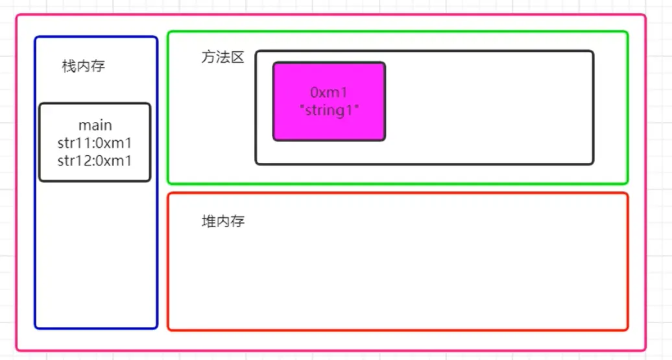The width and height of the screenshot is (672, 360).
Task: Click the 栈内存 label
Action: pos(84,66)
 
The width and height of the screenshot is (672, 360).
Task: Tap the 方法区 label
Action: pos(223,57)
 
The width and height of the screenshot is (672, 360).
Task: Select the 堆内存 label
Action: pos(223,221)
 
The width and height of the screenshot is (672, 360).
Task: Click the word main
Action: pos(95,126)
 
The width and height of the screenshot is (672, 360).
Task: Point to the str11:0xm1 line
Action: pos(95,143)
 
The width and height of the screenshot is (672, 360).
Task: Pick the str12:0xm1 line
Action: pos(95,161)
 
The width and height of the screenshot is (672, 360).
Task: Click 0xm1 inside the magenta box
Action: pos(329,92)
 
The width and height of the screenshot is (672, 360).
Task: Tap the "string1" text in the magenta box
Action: pos(329,110)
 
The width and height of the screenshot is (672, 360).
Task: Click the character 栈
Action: pos(69,66)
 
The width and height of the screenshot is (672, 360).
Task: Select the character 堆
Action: pos(209,221)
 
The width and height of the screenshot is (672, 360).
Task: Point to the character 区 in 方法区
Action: pos(237,57)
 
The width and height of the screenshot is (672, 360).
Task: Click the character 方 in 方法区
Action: pos(208,57)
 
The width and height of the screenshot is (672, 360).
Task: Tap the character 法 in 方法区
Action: pos(223,57)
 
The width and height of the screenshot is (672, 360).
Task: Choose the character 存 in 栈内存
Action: pos(98,66)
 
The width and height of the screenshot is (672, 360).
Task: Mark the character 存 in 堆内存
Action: pos(238,221)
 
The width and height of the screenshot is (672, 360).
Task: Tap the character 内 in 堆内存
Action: pos(223,221)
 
